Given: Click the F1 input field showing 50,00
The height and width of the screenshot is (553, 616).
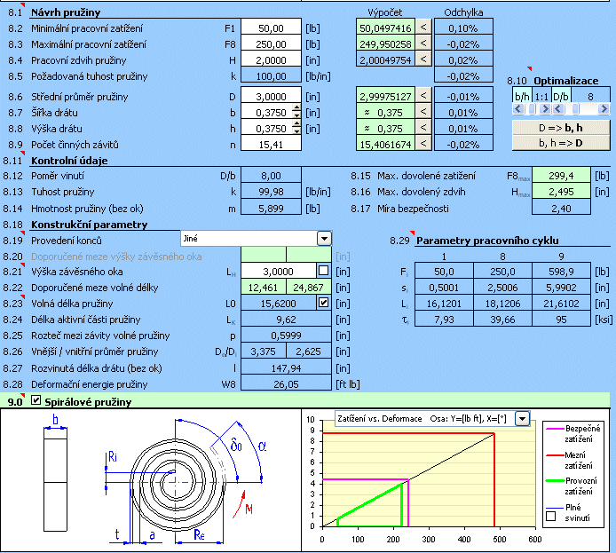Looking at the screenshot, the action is point(271,28).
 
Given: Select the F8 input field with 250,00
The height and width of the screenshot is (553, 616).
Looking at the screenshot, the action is point(271,44).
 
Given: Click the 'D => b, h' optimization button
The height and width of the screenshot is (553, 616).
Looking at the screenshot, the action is point(561,128).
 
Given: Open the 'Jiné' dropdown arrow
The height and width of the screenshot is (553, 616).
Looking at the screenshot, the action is point(324,239).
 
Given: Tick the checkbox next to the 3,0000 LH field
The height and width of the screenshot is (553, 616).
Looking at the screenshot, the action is point(323,271).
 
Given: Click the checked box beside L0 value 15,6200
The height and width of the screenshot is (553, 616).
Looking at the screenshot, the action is point(323,303).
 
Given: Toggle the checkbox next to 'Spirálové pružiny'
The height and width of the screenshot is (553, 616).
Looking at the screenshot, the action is point(36,400).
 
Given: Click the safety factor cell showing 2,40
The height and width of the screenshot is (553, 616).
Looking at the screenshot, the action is point(561,209).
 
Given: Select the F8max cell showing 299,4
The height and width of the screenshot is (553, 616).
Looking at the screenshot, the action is point(561,176).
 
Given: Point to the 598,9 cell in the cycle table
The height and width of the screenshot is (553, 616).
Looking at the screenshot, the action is point(561,272).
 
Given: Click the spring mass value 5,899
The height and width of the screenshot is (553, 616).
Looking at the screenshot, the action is point(271,209).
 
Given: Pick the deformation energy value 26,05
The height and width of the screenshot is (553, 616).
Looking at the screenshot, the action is point(286,384).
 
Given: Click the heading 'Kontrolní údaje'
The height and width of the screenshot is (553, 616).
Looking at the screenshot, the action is point(69,161).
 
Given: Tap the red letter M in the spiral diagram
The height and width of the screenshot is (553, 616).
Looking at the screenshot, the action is point(249,510).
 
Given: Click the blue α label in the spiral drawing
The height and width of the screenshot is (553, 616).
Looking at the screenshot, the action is point(262,446).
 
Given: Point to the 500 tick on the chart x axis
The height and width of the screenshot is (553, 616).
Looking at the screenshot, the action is point(500,540).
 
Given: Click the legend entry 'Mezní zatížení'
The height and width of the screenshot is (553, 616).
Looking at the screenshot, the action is point(575,461).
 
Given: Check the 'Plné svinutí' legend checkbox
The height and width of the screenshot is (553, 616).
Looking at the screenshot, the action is point(551,516).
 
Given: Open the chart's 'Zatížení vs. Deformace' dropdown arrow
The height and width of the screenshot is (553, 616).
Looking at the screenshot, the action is point(522,419).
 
